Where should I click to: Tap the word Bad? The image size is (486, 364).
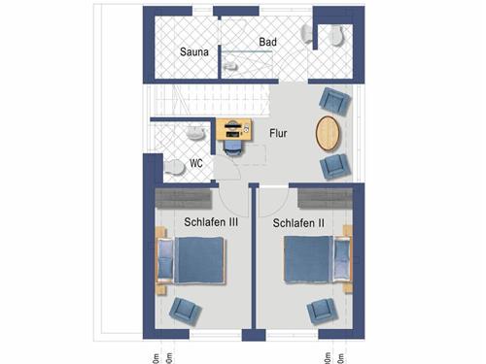268,44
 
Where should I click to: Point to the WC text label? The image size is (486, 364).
195,163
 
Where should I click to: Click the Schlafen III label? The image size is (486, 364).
211,222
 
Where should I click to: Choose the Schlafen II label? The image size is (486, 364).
297,223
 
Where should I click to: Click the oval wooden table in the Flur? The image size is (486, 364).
330,133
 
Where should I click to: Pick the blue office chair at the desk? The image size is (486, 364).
234,147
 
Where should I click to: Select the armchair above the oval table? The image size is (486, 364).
332,100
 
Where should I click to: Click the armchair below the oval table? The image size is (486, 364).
333,165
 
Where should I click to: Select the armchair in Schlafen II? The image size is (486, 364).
322,311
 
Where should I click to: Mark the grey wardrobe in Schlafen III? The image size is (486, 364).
183,198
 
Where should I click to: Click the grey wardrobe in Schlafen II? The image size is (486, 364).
326,198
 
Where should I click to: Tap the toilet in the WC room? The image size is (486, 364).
175,167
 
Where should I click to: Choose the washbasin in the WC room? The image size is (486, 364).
196,133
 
